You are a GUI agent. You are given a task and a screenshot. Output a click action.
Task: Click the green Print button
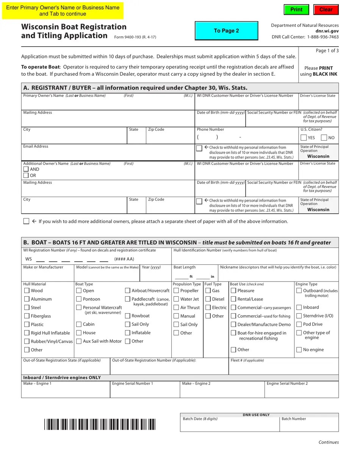coord(296,9)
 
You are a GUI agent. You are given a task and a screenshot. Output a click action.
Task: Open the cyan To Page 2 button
coord(226,31)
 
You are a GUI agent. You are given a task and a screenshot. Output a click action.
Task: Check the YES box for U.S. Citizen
coord(304,138)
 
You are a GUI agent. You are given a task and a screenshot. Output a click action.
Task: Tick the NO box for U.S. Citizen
coord(324,138)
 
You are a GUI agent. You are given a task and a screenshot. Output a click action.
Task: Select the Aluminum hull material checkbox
coord(27,299)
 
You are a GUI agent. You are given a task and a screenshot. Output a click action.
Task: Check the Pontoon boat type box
coord(79,299)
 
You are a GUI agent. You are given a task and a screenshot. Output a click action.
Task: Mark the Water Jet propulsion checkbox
coord(176,299)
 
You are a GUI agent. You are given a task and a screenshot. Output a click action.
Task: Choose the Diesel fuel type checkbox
coord(208,299)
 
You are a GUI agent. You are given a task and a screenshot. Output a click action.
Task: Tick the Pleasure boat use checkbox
coord(233,291)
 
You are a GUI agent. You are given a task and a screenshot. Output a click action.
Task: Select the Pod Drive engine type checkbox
coord(299,324)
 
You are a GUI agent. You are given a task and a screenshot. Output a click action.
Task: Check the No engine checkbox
coord(299,350)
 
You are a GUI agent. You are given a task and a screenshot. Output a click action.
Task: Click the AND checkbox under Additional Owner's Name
coord(26,169)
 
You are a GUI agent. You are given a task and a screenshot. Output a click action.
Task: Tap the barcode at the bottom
coord(100,424)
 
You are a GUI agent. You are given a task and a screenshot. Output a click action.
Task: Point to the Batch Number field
coord(309,426)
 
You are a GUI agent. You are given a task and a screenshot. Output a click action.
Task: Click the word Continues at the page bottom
coord(329,442)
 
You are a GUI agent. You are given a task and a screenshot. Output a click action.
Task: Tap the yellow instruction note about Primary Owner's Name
coord(63,11)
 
